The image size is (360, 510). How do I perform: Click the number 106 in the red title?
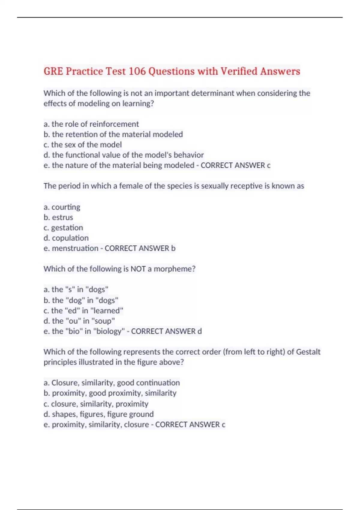pos(137,71)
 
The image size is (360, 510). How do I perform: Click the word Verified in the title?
pos(239,71)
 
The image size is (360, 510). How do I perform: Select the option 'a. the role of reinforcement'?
pos(91,124)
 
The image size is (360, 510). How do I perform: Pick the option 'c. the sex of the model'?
pos(82,145)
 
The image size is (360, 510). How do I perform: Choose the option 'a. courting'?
pos(62,207)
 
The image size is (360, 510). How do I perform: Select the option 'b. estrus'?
pos(58,217)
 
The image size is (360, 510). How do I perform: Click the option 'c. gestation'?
pos(63,228)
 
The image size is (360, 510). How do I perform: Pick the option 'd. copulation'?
pos(66,238)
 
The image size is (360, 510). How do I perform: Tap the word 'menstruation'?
pos(75,248)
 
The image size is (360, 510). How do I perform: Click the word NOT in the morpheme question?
pos(138,269)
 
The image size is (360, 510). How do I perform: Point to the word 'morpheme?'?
pos(174,269)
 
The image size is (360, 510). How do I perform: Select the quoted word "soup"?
pos(105,321)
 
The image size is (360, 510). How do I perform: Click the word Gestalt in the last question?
pos(308,352)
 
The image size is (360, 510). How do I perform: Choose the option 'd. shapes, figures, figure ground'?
pos(98,414)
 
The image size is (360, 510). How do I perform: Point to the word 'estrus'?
pos(62,217)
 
